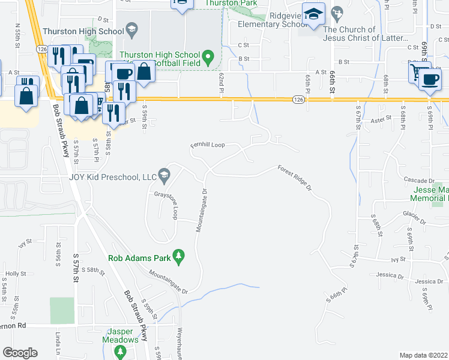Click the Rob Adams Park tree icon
[x=178, y=256]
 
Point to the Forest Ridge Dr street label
[x=295, y=178]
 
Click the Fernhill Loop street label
[x=207, y=145]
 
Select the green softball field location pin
[x=208, y=58]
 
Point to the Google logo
[x=19, y=352]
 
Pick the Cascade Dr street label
[x=418, y=180]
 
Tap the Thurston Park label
[x=231, y=3]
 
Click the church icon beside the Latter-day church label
[x=338, y=13]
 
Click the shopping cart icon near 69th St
[x=418, y=71]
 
